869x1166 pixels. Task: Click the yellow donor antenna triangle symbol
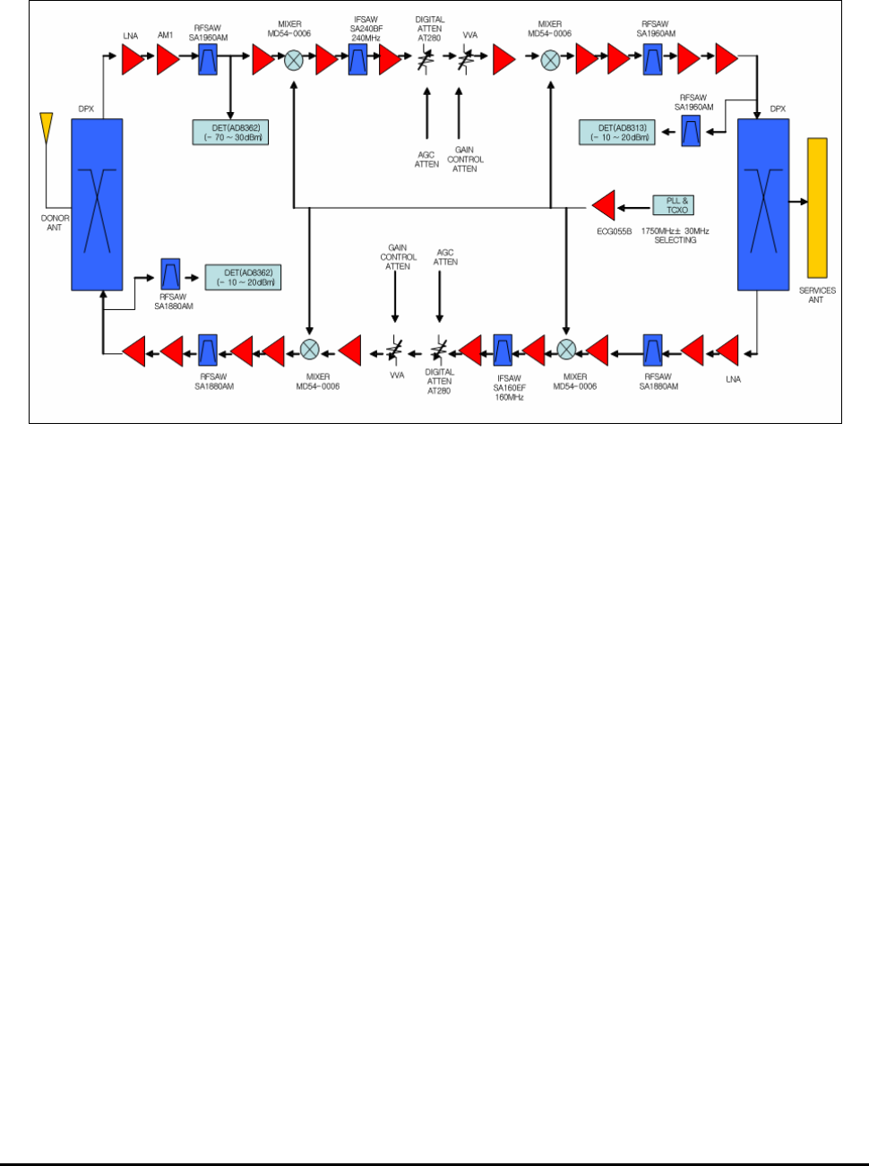click(x=47, y=125)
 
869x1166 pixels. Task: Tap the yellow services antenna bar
click(x=816, y=207)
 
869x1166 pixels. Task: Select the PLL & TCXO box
click(x=673, y=205)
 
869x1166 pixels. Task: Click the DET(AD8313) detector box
click(x=617, y=133)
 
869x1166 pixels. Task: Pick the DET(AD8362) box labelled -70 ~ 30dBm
click(x=230, y=133)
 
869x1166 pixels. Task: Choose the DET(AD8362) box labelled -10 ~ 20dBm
click(x=243, y=277)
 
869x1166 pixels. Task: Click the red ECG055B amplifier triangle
click(x=604, y=205)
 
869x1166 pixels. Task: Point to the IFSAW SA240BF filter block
click(x=357, y=60)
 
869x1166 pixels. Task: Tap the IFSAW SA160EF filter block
click(x=503, y=350)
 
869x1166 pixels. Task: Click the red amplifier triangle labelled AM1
click(x=168, y=60)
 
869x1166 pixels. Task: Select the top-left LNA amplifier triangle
click(x=133, y=60)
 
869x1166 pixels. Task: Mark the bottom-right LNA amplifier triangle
click(x=727, y=350)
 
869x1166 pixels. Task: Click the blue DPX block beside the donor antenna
click(x=97, y=204)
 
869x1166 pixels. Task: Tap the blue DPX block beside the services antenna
click(x=763, y=204)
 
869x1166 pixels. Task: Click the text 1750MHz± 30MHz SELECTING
click(x=675, y=236)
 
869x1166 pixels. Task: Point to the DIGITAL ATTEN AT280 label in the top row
click(x=430, y=29)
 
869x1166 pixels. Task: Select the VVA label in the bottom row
click(x=397, y=376)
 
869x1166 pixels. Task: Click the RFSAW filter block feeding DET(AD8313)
click(x=691, y=132)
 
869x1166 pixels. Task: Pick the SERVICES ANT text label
click(x=816, y=295)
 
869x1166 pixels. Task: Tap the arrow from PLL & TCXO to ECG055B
click(x=634, y=207)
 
